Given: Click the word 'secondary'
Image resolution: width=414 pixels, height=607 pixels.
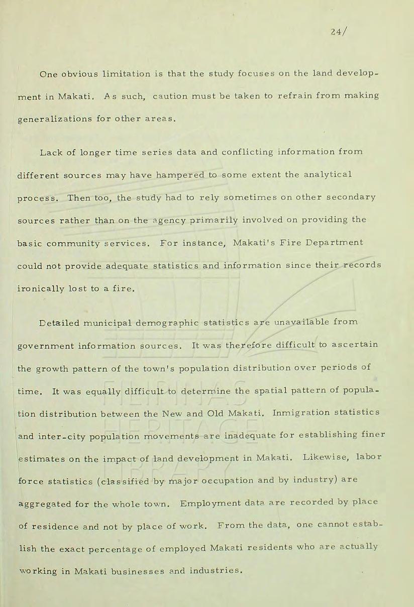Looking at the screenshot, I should tap(351, 197).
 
